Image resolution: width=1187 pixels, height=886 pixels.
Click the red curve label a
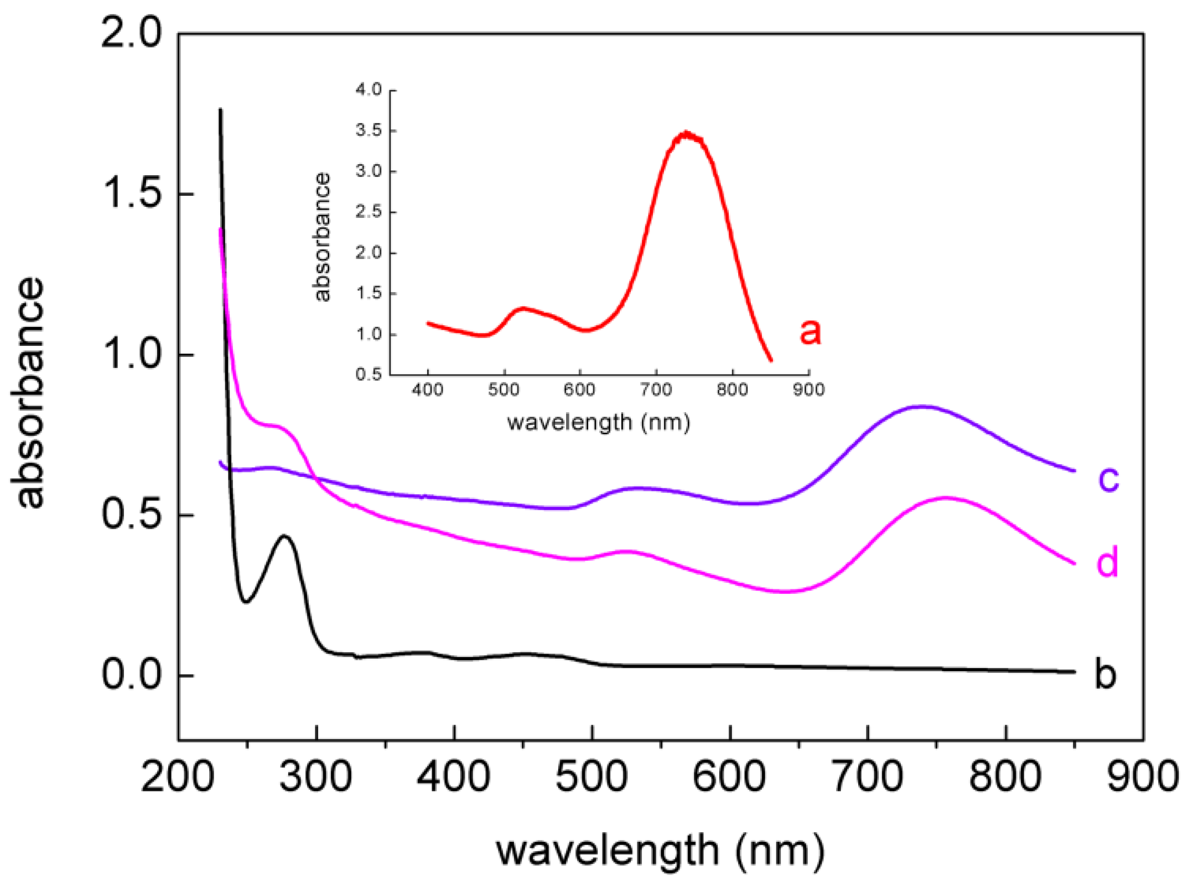pos(810,331)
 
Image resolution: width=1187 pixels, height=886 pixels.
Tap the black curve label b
pos(1104,673)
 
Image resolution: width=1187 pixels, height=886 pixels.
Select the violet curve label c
pos(1108,479)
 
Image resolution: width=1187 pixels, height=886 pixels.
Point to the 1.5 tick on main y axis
pos(131,194)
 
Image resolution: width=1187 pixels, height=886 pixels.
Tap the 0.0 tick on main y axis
pos(131,675)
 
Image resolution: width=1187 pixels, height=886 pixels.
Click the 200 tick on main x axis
pos(178,776)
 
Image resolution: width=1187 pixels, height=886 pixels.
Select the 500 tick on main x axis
pos(591,776)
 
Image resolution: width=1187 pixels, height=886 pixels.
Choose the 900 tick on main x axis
pos(1143,776)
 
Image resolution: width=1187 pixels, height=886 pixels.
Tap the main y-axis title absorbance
pos(28,393)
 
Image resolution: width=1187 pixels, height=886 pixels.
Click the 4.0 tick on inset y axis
pos(368,90)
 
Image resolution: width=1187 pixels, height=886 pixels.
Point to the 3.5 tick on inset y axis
pos(368,131)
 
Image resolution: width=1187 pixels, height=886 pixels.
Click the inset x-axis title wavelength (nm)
pos(598,423)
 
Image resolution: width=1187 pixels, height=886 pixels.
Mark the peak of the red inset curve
pos(685,134)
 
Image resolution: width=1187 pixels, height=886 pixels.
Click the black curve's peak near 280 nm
pos(285,536)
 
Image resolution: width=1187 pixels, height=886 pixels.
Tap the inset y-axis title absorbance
pos(322,237)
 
